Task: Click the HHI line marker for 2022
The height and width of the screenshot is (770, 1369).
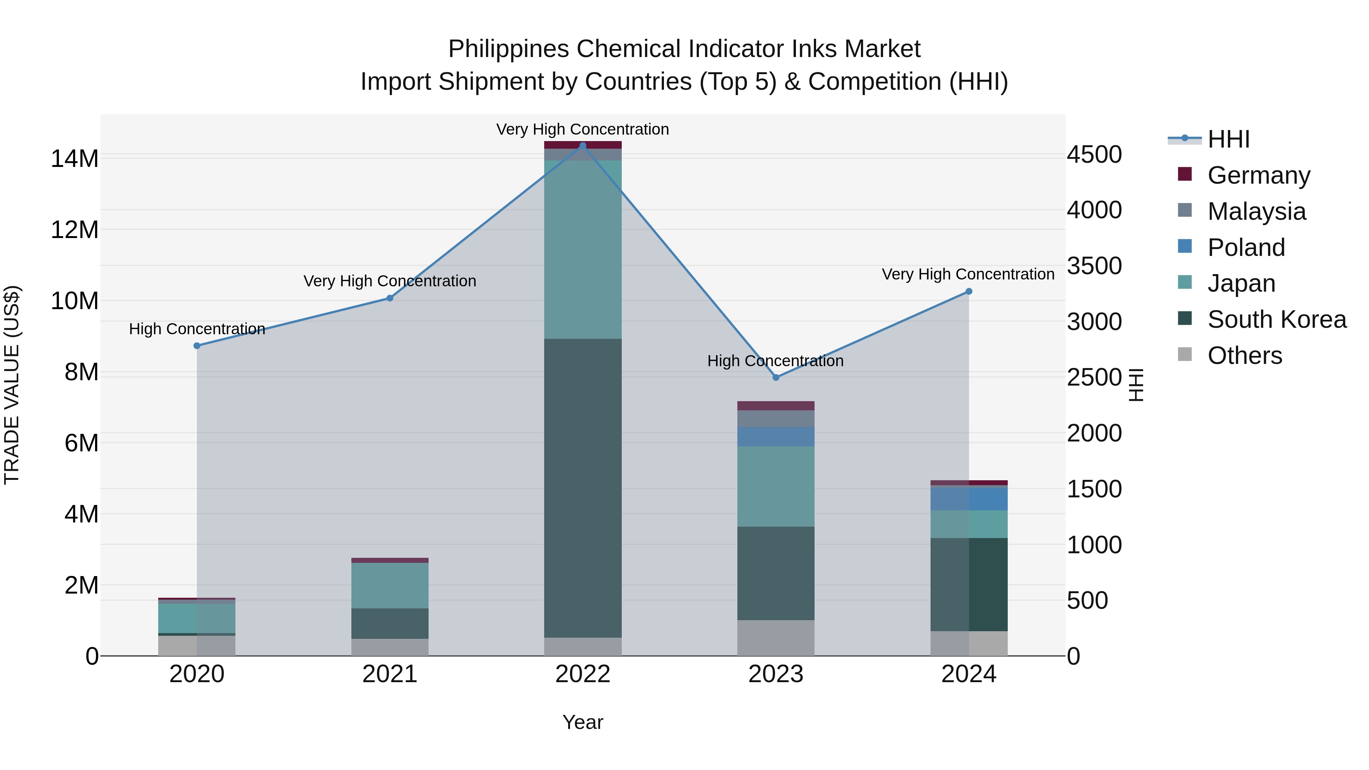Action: pyautogui.click(x=583, y=146)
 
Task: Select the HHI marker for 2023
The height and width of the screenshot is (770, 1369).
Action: pyautogui.click(x=776, y=377)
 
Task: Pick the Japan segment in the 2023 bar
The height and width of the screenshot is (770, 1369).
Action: pyautogui.click(x=776, y=486)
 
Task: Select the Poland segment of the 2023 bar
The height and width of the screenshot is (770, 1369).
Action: pyautogui.click(x=776, y=437)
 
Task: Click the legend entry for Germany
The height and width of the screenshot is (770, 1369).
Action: pyautogui.click(x=1258, y=175)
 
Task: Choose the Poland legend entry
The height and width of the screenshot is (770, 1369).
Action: pyautogui.click(x=1246, y=248)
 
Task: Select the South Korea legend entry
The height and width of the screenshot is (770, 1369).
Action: pyautogui.click(x=1277, y=320)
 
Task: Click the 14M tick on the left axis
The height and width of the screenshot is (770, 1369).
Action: pyautogui.click(x=75, y=159)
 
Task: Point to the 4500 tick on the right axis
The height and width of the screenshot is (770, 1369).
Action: pyautogui.click(x=1094, y=155)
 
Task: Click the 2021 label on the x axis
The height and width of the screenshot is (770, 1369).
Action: pyautogui.click(x=389, y=674)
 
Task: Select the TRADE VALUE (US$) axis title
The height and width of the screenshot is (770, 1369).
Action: pyautogui.click(x=12, y=385)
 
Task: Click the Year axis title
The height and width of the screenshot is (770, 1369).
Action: pyautogui.click(x=583, y=722)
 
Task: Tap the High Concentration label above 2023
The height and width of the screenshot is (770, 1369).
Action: pyautogui.click(x=775, y=361)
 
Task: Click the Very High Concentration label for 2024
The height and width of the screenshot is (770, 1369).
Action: pyautogui.click(x=968, y=274)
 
